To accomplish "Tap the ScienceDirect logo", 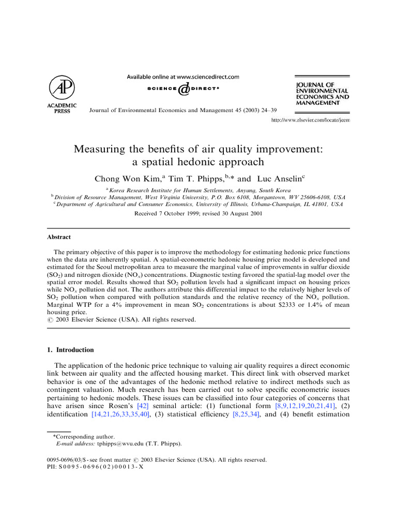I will [x=183, y=90].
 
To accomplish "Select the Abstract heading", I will [x=58, y=237].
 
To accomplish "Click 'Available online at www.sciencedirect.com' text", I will [x=183, y=77].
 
